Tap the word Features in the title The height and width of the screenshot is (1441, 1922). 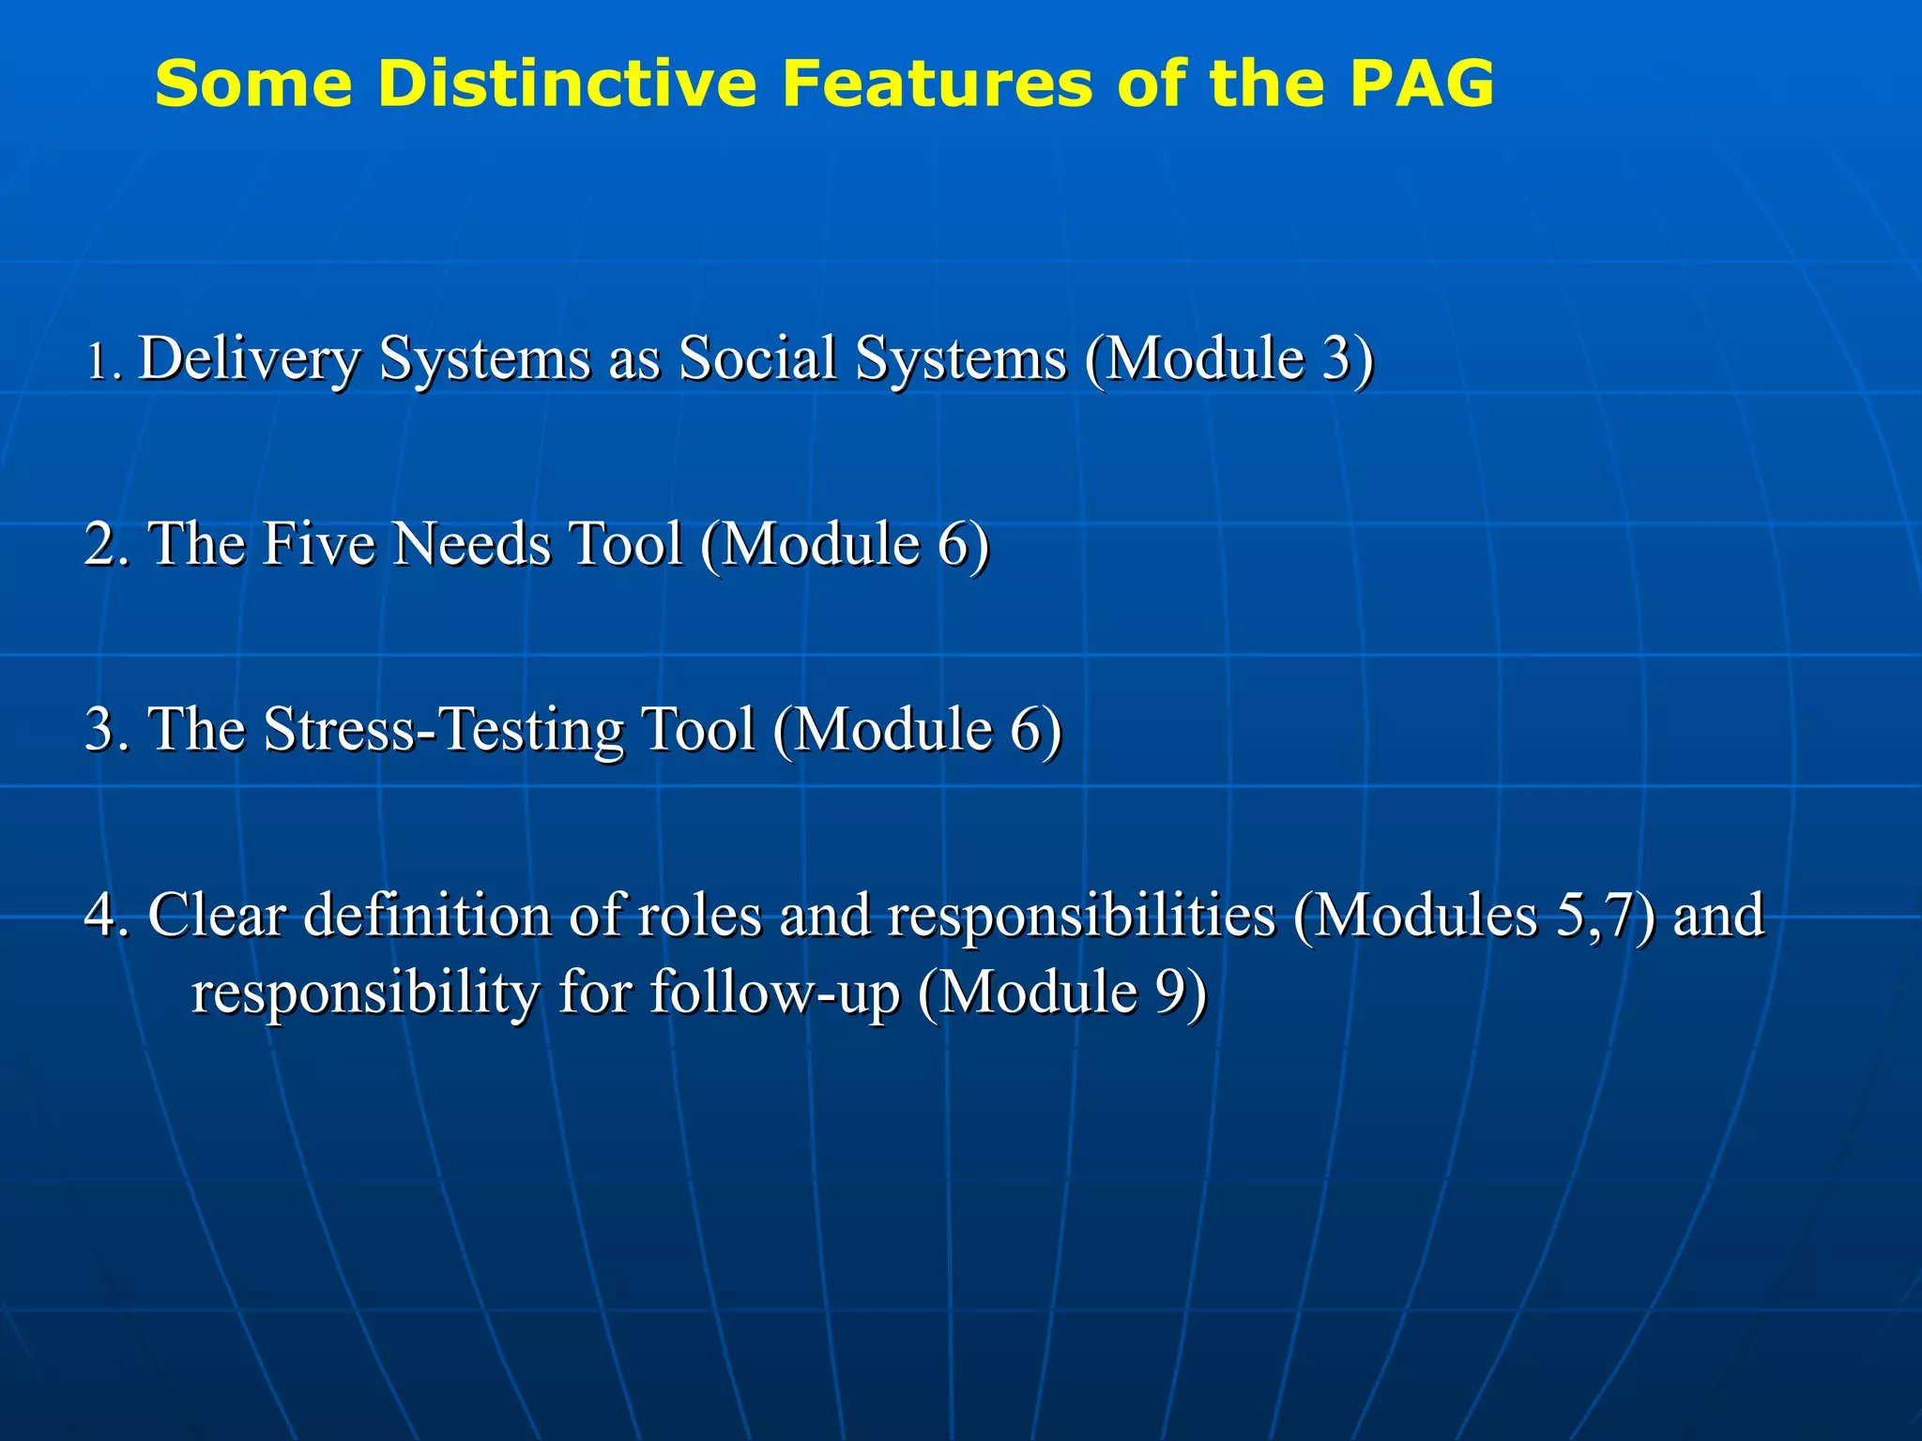[x=938, y=83]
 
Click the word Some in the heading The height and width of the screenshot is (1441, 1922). [x=253, y=83]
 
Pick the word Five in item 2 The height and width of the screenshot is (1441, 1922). [x=318, y=544]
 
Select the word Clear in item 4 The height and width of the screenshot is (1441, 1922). [x=217, y=915]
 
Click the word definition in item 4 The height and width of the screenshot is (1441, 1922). [x=427, y=915]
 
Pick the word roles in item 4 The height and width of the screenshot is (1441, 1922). [x=699, y=915]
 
